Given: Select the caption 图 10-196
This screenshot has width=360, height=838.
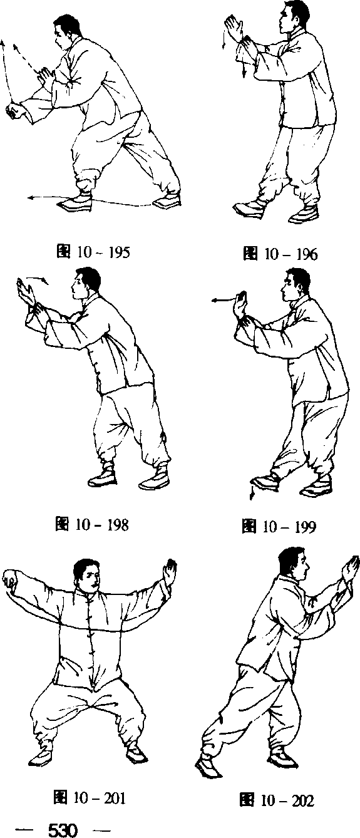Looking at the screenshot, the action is [280, 254].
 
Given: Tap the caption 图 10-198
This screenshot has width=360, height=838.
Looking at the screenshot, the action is [92, 524].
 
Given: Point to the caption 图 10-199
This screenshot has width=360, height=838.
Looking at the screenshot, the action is [279, 526].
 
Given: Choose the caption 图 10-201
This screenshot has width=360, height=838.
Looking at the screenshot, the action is [89, 797].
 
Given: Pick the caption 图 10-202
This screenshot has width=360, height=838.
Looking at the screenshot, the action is [277, 799].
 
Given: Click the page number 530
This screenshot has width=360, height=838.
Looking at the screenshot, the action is [63, 829].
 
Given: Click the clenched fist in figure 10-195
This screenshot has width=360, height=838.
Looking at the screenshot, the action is [14, 111].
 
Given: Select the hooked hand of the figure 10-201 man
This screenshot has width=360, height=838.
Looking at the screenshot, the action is [10, 580].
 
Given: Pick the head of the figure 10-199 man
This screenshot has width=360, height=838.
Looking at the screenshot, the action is [296, 286].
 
